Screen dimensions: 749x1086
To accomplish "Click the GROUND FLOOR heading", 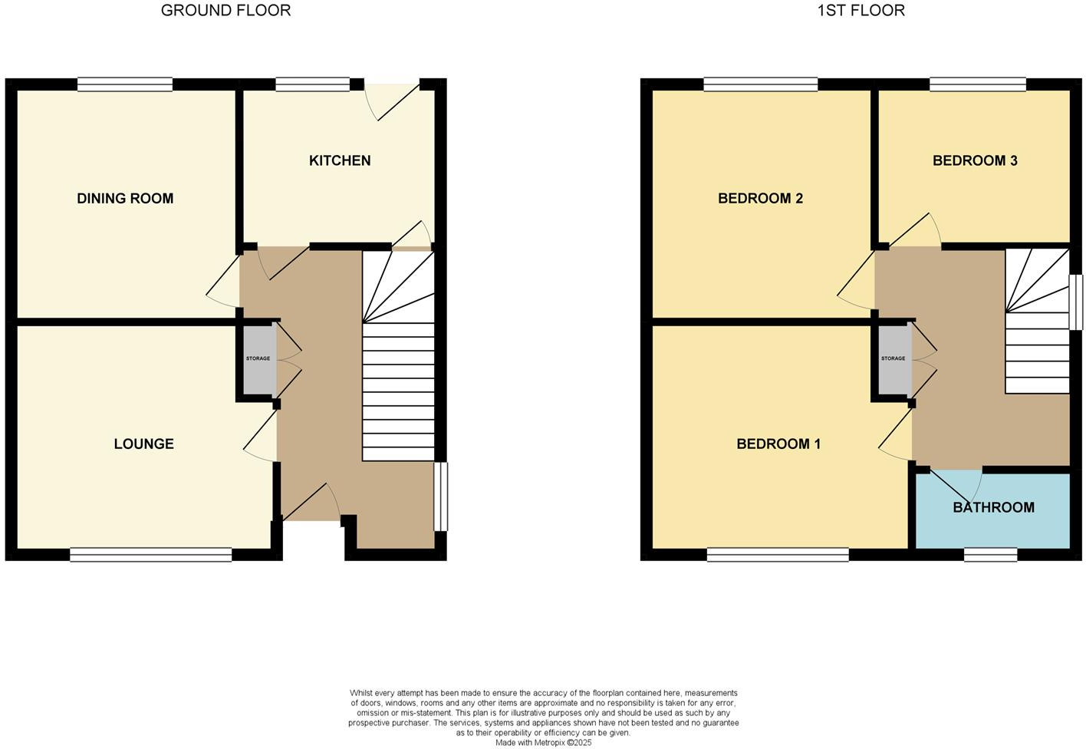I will [x=225, y=11].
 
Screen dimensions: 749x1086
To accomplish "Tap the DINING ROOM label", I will [x=125, y=199].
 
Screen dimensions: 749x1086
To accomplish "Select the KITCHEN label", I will [x=340, y=160].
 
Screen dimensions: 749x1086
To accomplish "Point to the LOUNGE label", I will [x=143, y=444].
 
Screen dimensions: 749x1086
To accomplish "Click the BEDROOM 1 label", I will [x=778, y=444].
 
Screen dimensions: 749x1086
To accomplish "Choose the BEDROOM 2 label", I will [x=760, y=199].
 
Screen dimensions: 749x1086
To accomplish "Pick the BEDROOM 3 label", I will [x=975, y=160].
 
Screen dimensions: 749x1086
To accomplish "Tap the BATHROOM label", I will [x=993, y=507].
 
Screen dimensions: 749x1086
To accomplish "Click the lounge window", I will [x=150, y=554].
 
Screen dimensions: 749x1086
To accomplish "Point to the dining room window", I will [x=125, y=84].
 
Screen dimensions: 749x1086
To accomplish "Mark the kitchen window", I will [x=312, y=84].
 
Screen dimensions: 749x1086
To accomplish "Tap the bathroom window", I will [x=990, y=554].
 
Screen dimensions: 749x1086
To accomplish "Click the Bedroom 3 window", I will [x=978, y=84].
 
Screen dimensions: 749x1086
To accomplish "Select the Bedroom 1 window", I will [x=778, y=554].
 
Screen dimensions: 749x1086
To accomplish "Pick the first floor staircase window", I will [x=1076, y=302].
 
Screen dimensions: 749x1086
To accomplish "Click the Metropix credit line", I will [x=543, y=742].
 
